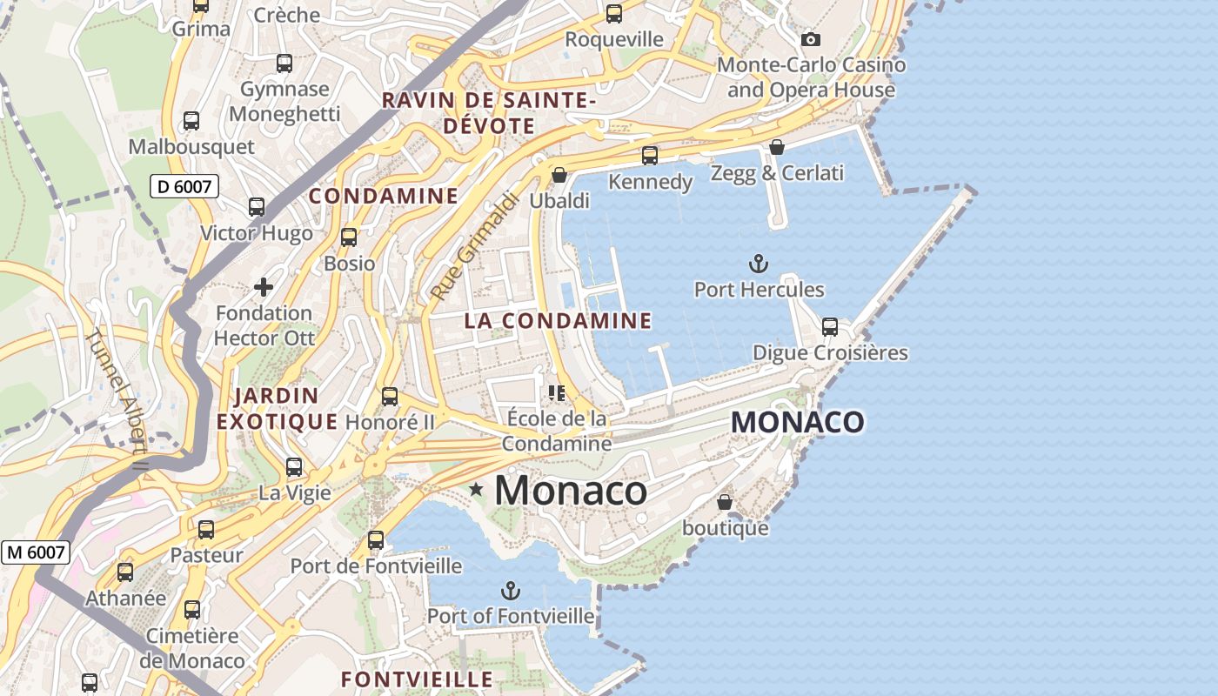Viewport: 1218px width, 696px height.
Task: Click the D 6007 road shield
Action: (x=184, y=185)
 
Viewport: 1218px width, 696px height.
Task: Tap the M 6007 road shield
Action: (x=36, y=552)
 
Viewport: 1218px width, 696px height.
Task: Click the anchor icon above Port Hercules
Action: (x=759, y=263)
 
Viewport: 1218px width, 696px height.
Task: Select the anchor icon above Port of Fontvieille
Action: (x=511, y=592)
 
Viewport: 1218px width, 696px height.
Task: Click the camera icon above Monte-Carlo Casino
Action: (x=810, y=39)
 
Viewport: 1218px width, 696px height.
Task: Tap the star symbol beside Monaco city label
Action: (x=476, y=490)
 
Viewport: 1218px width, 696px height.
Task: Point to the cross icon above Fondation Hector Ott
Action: (x=263, y=286)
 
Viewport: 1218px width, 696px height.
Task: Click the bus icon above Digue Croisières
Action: (x=830, y=327)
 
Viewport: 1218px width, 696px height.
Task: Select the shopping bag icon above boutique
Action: (x=724, y=502)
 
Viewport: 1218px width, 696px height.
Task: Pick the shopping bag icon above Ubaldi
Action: (x=559, y=175)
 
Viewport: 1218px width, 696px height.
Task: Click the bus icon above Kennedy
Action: (x=650, y=156)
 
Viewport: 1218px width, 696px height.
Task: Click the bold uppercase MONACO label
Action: (x=798, y=423)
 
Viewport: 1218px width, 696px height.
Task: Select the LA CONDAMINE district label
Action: (x=558, y=321)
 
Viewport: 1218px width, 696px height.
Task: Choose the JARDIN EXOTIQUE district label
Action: (x=277, y=409)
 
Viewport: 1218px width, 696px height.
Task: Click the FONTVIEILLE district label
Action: (x=417, y=679)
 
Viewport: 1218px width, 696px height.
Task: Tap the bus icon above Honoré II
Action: (x=390, y=397)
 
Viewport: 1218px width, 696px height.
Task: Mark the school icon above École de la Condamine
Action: (x=557, y=392)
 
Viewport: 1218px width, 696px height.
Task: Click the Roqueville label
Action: (x=614, y=39)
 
